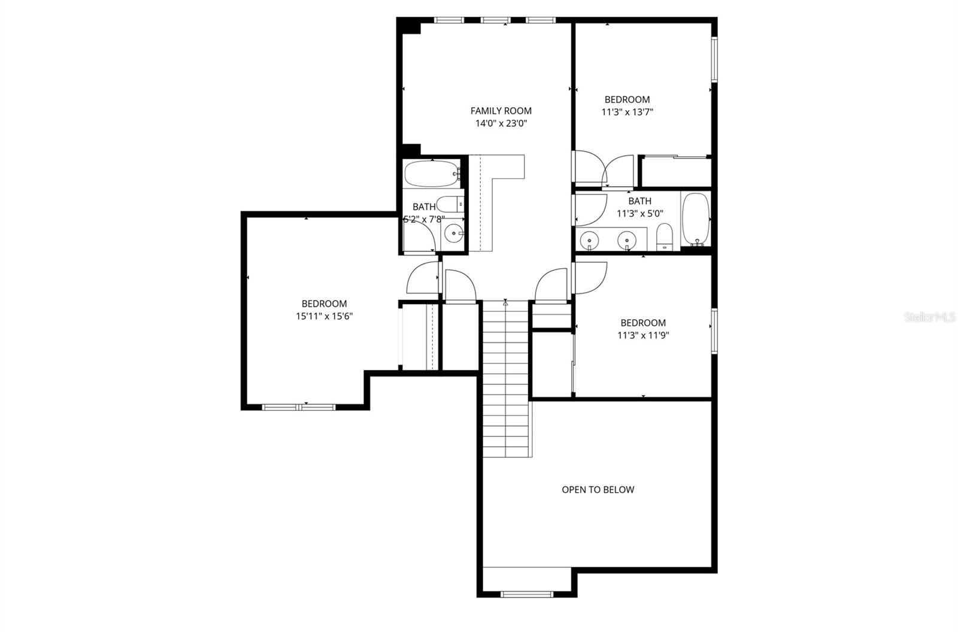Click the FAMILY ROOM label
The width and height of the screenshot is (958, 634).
pos(501,111)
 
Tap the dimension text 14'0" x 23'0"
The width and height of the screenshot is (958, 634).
pos(501,123)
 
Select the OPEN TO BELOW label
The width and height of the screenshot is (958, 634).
pos(598,489)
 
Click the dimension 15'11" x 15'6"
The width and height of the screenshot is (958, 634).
pos(324,316)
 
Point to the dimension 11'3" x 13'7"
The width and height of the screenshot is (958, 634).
pos(627,112)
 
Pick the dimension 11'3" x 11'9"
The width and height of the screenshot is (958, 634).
pos(642,335)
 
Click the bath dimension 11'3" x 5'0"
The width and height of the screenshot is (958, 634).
pos(639,213)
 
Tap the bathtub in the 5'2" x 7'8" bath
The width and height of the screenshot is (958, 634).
pos(431,174)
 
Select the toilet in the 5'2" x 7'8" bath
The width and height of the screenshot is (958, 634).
pos(450,204)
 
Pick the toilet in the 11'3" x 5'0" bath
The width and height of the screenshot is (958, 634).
pos(665,237)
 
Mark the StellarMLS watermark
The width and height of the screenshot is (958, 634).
pos(930,317)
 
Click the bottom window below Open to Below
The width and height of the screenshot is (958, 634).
pos(526,594)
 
